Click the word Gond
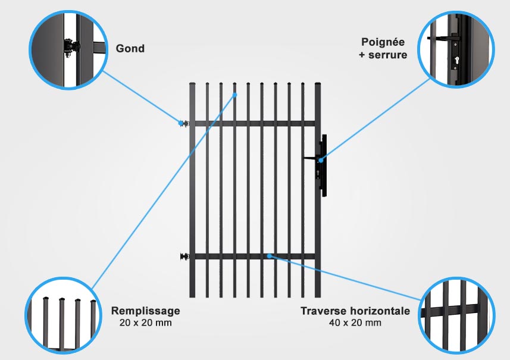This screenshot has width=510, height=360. [x=130, y=48]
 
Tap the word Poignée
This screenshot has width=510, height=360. [x=383, y=42]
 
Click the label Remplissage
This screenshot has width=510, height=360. [x=145, y=311]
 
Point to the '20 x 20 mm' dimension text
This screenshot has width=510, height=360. [x=145, y=323]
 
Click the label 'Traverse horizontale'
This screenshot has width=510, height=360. [x=355, y=311]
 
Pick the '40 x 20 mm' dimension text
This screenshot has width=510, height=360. [x=355, y=323]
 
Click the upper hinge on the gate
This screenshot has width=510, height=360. [x=184, y=123]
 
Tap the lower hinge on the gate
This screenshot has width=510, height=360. [x=184, y=257]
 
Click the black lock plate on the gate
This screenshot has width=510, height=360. [x=324, y=166]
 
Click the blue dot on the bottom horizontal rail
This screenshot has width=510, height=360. [x=270, y=256]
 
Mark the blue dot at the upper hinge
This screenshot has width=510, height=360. [x=180, y=123]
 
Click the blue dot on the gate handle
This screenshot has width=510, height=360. [x=321, y=159]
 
